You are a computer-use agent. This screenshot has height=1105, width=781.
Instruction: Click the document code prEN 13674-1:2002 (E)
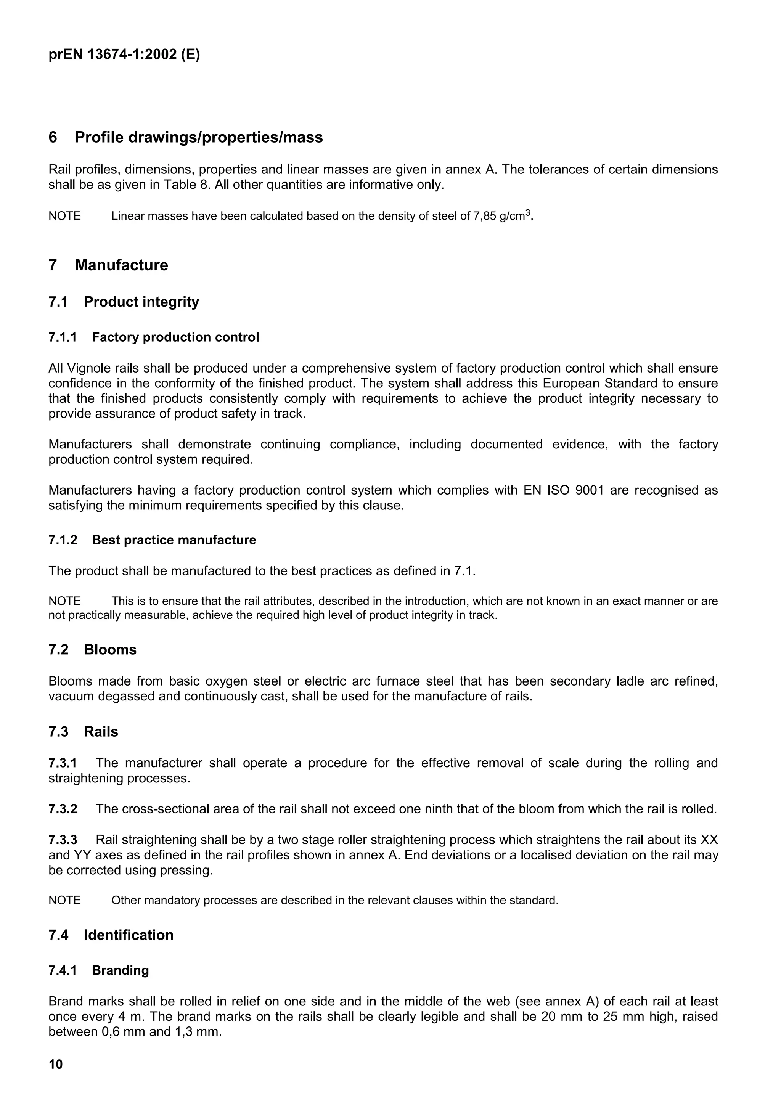pos(124,55)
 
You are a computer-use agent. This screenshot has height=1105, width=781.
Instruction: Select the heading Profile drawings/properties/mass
pos(198,138)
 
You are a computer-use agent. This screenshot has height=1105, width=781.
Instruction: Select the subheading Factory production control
pos(175,337)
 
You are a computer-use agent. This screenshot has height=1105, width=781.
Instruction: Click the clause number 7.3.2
pos(63,809)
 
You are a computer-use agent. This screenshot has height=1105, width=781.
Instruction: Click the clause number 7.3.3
pos(63,840)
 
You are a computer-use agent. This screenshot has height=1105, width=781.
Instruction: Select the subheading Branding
pos(120,970)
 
